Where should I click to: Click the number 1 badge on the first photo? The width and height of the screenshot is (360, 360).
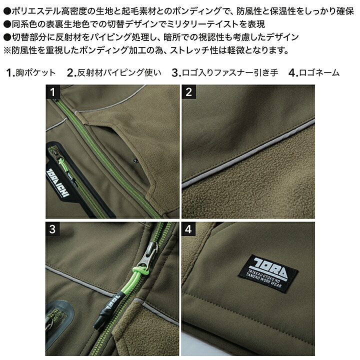coord(52,92)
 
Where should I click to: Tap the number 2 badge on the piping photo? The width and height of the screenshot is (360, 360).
coord(188,92)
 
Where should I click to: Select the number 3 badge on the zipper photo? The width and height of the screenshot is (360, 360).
coord(52,229)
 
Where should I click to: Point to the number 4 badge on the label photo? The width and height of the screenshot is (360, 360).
coord(188,229)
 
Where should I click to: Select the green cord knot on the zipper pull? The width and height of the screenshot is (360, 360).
coord(140,270)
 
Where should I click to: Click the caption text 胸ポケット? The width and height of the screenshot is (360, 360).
coord(35,72)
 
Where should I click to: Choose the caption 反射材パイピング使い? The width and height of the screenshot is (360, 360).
coord(119,72)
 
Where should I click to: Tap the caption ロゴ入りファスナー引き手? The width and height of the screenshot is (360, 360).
coord(230,72)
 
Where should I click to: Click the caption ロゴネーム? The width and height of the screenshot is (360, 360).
coord(319,72)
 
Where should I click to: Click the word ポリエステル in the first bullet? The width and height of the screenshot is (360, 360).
coord(36,11)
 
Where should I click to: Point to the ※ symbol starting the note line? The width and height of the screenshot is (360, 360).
coord(7,50)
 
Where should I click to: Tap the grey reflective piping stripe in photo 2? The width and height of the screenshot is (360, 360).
coord(248,152)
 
